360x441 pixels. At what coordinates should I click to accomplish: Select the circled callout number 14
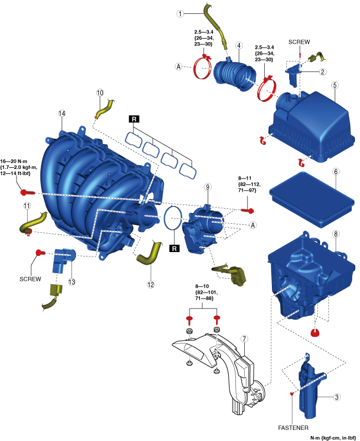(61, 113)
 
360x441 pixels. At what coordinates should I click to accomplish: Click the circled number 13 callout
(71, 282)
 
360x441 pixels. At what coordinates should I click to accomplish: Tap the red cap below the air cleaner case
(317, 332)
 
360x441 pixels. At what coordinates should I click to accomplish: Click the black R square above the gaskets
(134, 119)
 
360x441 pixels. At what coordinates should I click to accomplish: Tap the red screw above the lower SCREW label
(39, 253)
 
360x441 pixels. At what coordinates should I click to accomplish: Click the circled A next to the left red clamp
(178, 67)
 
